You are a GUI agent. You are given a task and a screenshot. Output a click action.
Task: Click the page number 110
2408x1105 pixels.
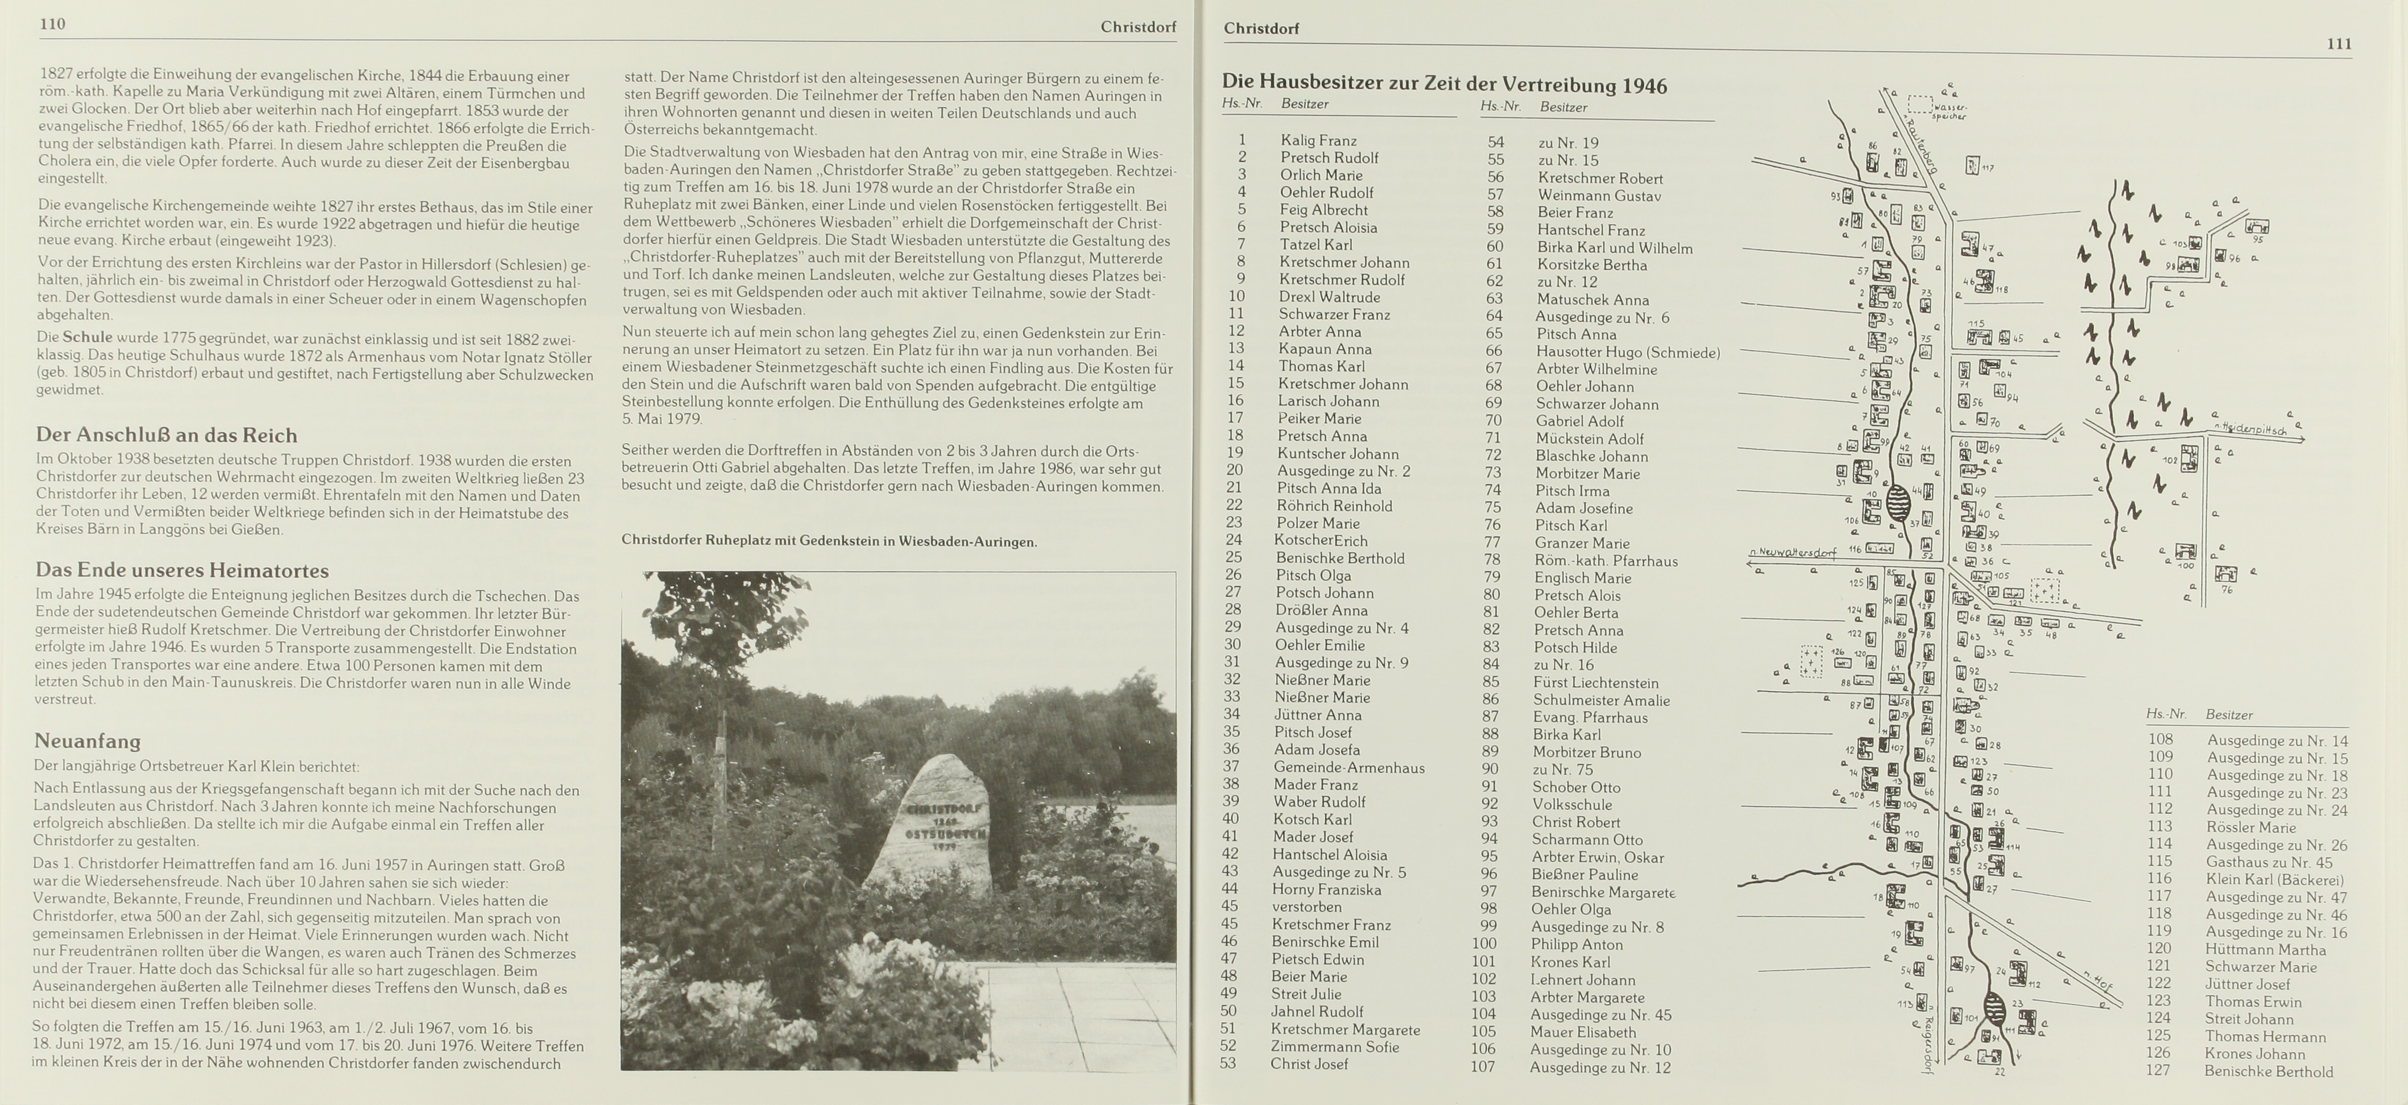[x=52, y=24]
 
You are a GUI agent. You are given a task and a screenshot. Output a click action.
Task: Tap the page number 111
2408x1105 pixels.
[x=2339, y=44]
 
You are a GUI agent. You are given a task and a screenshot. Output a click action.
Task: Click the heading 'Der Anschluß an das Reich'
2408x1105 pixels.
[x=167, y=436]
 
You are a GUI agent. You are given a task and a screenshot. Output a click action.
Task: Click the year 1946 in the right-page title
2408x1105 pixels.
[x=1644, y=86]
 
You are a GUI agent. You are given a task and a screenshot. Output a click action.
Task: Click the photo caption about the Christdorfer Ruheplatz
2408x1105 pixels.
[x=828, y=541]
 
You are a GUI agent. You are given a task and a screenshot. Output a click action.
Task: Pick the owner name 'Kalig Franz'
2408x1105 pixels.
[x=1318, y=140]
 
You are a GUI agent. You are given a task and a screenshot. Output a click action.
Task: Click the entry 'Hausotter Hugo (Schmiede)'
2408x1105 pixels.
[x=1628, y=353]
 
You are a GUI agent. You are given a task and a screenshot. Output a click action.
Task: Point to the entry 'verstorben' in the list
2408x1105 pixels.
[x=1307, y=907]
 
